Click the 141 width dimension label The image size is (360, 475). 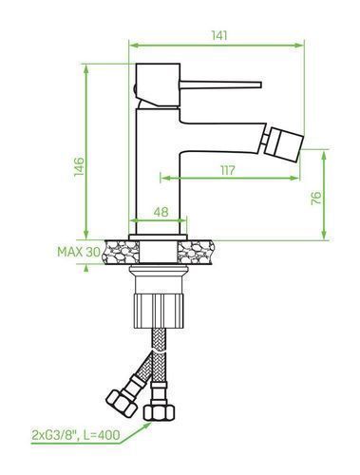pyautogui.click(x=219, y=35)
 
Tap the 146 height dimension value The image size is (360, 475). pyautogui.click(x=79, y=166)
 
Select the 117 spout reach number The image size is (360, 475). pyautogui.click(x=228, y=170)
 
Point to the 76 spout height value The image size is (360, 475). pyautogui.click(x=316, y=199)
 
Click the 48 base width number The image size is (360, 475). pyautogui.click(x=161, y=212)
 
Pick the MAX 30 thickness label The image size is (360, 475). pyautogui.click(x=79, y=252)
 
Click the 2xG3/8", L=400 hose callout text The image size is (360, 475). pyautogui.click(x=76, y=435)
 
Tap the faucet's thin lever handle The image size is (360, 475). pyautogui.click(x=220, y=85)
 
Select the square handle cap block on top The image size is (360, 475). pyautogui.click(x=158, y=85)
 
